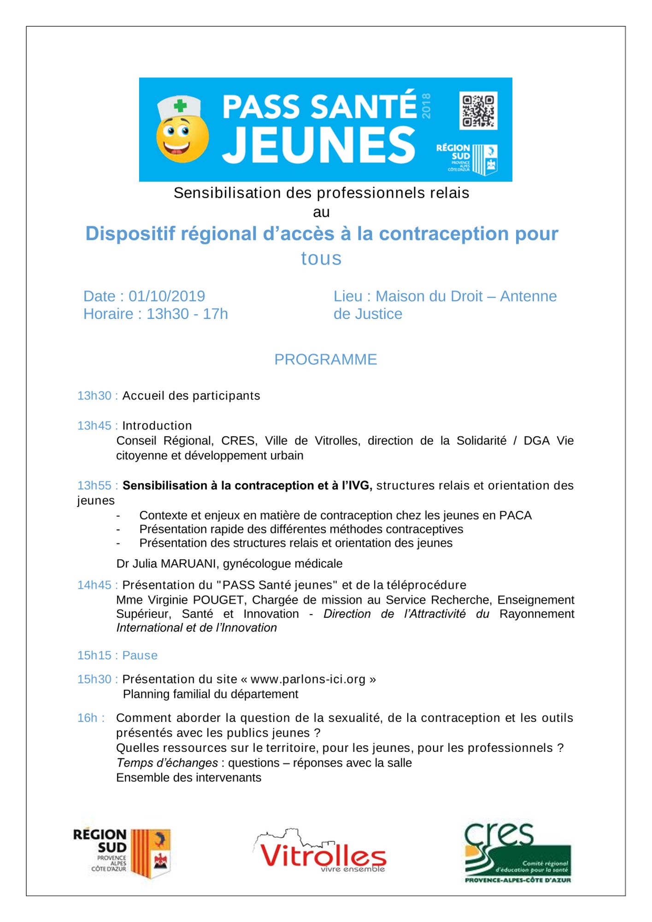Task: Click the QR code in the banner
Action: (478, 111)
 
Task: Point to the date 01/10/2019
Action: (167, 296)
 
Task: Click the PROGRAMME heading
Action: (325, 360)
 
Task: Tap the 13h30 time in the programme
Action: (94, 396)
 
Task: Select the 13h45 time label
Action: (94, 426)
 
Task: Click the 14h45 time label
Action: (94, 585)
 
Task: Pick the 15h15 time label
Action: (94, 656)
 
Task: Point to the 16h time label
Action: (88, 718)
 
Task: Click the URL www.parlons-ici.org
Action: (308, 680)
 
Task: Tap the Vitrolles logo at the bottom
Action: (320, 854)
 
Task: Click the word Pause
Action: (140, 656)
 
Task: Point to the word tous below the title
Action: (321, 259)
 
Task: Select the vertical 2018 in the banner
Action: (426, 106)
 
